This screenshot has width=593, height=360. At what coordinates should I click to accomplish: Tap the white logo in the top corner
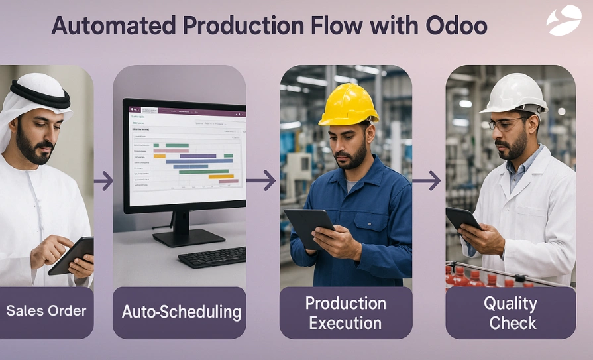click(563, 21)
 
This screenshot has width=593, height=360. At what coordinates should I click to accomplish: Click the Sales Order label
click(46, 311)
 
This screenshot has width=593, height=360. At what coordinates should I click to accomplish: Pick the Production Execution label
click(345, 313)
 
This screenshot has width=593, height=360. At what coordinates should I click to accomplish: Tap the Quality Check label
click(511, 313)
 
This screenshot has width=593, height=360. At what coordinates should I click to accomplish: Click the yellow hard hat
click(348, 105)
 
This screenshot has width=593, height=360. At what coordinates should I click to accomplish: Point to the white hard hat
click(514, 93)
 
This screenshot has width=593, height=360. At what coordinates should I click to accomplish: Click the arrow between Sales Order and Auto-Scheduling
click(103, 180)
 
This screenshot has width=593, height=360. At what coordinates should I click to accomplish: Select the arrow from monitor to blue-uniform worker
click(261, 180)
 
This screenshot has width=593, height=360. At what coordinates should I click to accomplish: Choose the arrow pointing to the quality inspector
click(427, 180)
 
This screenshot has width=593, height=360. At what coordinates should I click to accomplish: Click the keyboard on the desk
click(212, 257)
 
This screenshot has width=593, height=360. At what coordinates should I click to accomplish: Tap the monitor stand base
click(188, 237)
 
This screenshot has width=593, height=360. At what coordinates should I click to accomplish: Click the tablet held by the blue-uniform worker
click(308, 226)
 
